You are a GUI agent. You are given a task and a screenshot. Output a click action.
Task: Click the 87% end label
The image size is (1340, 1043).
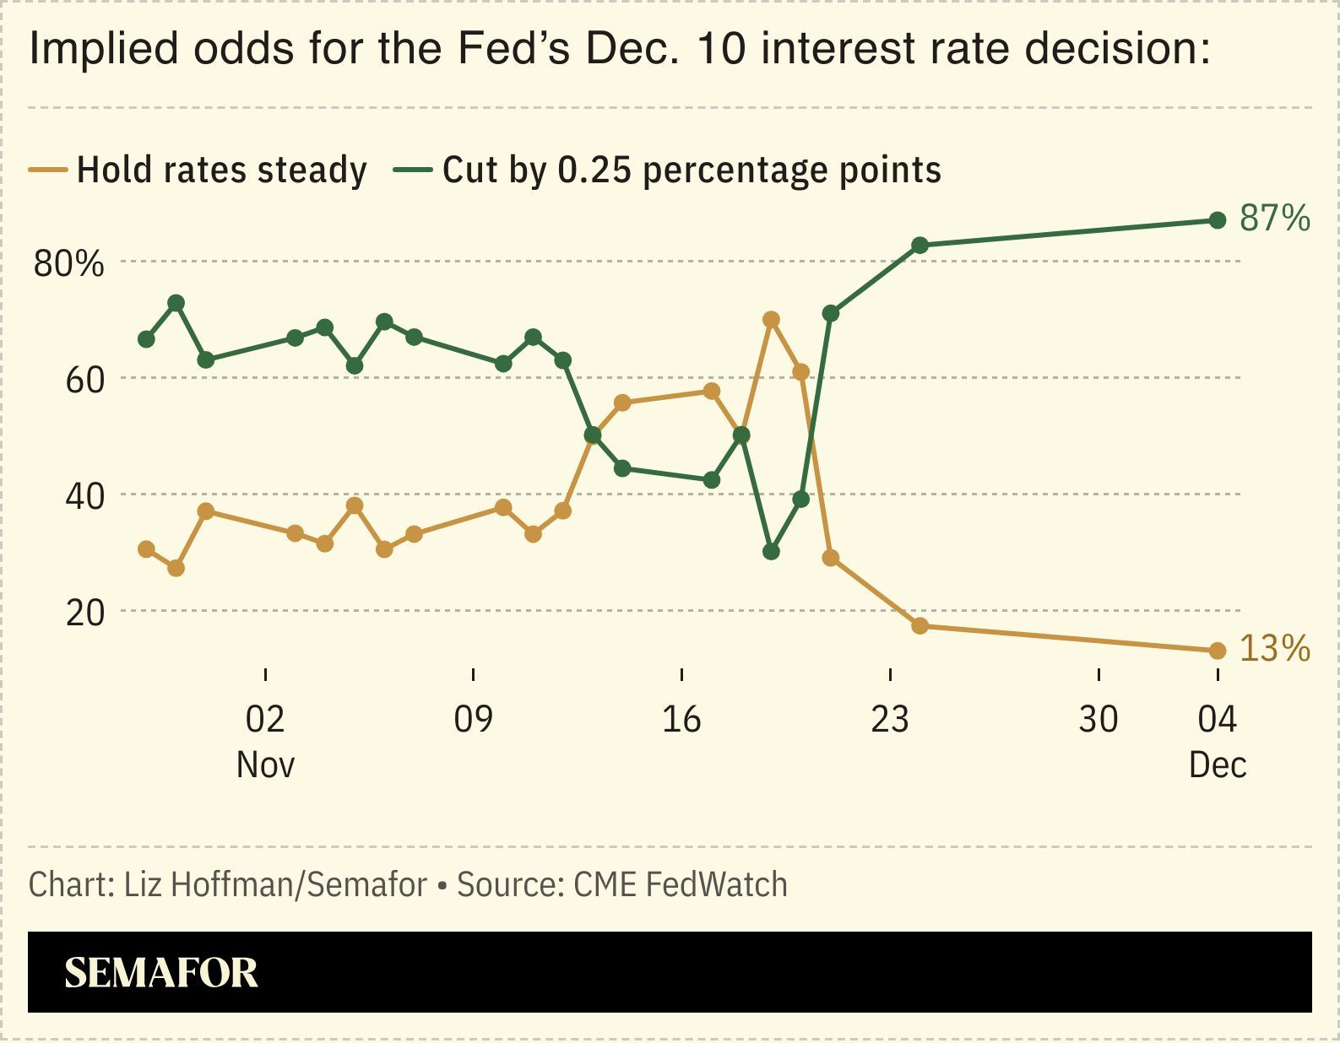(1274, 219)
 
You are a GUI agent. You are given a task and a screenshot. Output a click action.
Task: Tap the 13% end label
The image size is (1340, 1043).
(1274, 649)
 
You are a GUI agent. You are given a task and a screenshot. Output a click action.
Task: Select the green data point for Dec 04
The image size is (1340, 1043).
(1217, 220)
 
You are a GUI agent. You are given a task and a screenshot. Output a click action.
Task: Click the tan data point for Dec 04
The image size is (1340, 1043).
(1217, 651)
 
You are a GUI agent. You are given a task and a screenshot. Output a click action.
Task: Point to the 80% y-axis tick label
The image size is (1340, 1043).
(68, 264)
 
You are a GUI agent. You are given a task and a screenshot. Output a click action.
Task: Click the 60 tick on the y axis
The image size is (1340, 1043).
(84, 381)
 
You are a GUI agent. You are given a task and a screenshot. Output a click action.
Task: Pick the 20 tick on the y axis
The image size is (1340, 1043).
(84, 613)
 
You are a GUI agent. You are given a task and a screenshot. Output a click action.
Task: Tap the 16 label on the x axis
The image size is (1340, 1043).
(681, 720)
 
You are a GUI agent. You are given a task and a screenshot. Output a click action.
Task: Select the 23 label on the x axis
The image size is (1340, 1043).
(890, 720)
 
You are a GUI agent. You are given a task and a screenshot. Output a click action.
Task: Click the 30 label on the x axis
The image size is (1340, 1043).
(1099, 720)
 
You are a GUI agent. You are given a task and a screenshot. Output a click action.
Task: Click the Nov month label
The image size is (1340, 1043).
(265, 765)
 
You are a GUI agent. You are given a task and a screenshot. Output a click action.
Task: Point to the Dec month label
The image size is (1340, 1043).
(1217, 765)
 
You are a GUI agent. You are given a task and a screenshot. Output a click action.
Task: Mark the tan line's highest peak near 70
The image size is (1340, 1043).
(771, 320)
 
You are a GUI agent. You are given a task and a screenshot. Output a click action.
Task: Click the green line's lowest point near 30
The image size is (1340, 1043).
(771, 552)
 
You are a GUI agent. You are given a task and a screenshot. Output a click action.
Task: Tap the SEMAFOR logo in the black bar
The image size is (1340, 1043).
(161, 973)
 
